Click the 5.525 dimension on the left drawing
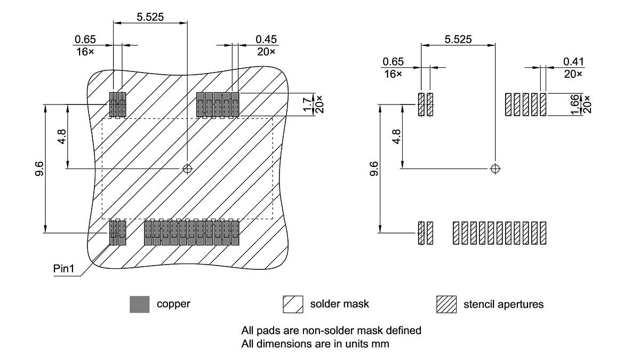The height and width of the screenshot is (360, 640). tap(150, 17)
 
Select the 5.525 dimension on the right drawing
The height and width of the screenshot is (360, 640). tap(458, 39)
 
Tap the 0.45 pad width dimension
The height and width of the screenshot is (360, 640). tap(266, 39)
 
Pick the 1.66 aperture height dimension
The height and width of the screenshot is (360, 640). tap(574, 105)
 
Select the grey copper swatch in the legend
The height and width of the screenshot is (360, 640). tap(140, 304)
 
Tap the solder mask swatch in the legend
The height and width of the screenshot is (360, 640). tap(293, 304)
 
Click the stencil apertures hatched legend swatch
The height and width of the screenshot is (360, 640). tap(446, 304)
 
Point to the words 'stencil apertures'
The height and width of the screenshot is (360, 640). tap(503, 305)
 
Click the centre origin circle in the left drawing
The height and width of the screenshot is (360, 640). tap(187, 169)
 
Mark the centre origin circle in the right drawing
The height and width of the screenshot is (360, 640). tap(495, 169)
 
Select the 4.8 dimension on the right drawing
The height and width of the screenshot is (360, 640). tap(395, 137)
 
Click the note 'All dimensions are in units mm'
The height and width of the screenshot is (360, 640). tap(315, 343)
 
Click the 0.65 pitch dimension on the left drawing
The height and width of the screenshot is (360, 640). tap(85, 39)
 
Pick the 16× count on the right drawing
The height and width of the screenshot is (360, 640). tap(393, 74)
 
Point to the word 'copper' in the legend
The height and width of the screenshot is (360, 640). tap(173, 304)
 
